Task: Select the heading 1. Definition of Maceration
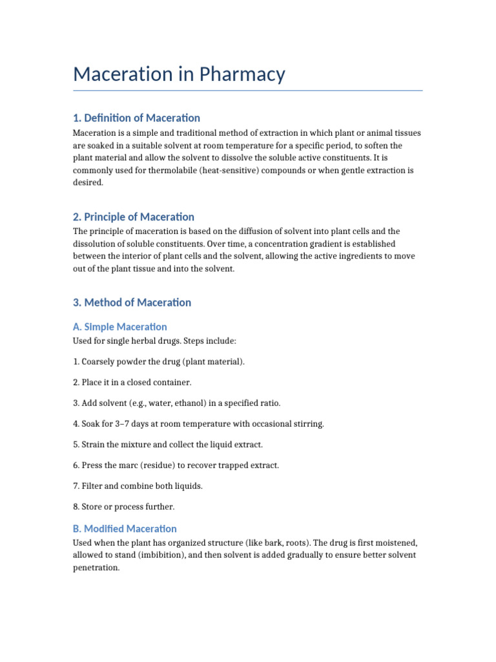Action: click(136, 118)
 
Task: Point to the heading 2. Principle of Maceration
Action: click(134, 217)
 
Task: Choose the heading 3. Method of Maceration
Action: click(132, 302)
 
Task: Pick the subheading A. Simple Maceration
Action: click(120, 326)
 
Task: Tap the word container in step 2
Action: click(171, 383)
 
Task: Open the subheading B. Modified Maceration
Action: click(125, 528)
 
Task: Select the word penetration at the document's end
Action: click(96, 568)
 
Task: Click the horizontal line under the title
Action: click(248, 91)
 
